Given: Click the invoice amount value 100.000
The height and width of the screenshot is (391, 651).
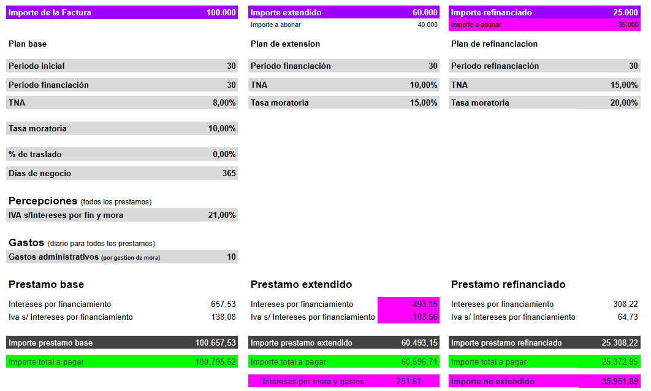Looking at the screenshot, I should click(x=221, y=12).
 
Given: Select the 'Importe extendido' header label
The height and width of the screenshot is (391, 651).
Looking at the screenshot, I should click(x=286, y=12).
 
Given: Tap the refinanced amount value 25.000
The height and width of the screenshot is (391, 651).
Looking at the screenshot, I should click(x=626, y=12).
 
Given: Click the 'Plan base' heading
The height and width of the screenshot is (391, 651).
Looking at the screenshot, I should click(x=28, y=44).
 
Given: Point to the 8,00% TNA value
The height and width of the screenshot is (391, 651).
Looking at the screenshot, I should click(x=224, y=103).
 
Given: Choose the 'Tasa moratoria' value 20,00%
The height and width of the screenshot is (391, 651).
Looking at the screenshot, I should click(x=624, y=103).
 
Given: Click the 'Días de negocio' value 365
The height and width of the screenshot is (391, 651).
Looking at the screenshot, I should click(x=229, y=173).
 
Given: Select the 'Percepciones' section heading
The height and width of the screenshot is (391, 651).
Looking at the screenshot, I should click(x=43, y=201).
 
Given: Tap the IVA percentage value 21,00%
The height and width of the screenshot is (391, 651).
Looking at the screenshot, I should click(x=222, y=215).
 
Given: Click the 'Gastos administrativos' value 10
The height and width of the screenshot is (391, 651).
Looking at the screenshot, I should click(x=231, y=257).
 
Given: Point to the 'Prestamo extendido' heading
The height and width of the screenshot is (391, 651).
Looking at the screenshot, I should click(x=301, y=285).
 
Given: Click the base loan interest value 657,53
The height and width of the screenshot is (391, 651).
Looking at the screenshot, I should click(x=223, y=304).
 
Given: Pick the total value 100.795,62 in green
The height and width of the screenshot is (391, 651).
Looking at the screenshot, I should click(x=215, y=362).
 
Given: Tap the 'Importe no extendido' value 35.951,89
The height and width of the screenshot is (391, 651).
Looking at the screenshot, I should click(x=620, y=381).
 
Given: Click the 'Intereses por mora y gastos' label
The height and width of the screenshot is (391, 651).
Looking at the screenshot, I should click(x=313, y=381).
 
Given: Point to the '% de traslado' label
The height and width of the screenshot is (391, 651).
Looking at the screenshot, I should click(x=35, y=154).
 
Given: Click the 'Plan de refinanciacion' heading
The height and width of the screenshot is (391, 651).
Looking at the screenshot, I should click(x=494, y=44).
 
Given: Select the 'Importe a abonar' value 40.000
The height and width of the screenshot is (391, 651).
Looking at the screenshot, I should click(x=427, y=25).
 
